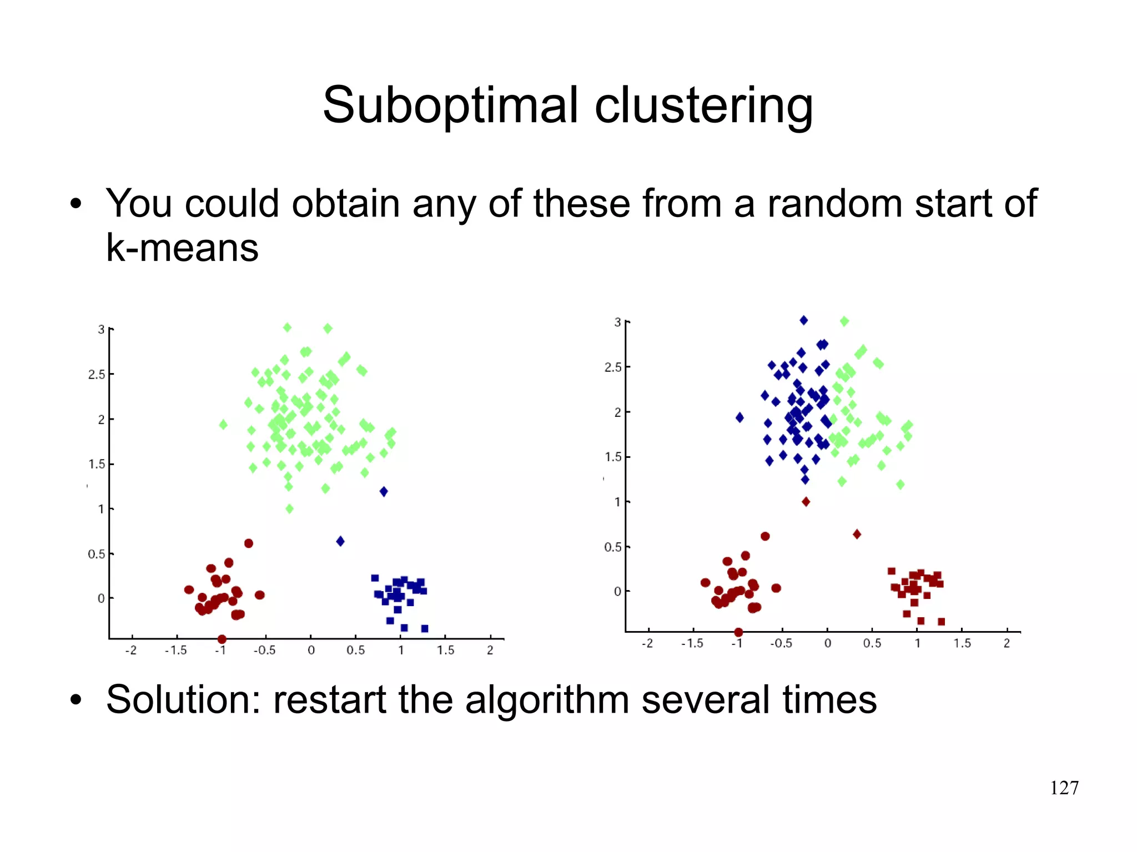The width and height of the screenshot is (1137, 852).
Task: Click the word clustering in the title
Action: click(x=703, y=105)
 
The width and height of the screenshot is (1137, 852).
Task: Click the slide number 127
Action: click(x=1064, y=788)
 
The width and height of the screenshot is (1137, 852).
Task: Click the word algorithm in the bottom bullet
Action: click(x=546, y=699)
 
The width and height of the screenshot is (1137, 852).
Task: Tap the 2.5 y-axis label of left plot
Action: click(x=97, y=375)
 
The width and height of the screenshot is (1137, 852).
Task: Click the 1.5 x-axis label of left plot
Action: click(x=445, y=650)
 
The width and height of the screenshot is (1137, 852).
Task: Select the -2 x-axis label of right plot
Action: click(x=647, y=643)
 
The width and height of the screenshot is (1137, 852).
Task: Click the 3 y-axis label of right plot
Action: click(x=617, y=322)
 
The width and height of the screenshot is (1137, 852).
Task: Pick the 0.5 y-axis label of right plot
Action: click(x=613, y=547)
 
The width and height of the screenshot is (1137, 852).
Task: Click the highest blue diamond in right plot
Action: click(x=803, y=320)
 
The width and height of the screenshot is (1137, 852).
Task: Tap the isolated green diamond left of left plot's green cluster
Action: click(x=223, y=425)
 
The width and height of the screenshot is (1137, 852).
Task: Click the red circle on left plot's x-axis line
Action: click(x=222, y=639)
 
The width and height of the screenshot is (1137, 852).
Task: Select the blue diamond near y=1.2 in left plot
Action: click(x=384, y=491)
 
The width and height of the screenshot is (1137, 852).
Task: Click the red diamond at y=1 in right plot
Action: click(x=806, y=502)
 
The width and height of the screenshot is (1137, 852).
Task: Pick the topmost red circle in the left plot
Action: click(x=249, y=543)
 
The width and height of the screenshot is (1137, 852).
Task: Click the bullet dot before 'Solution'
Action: click(x=76, y=700)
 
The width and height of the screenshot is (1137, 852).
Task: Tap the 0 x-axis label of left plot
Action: click(x=311, y=650)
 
